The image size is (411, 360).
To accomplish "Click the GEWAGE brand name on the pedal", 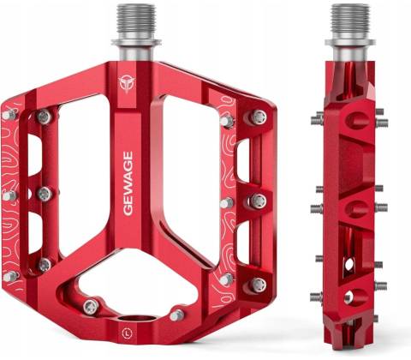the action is (128, 183).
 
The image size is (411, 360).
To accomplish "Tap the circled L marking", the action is (127, 333).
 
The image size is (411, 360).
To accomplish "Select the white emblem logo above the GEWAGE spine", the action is (126, 84).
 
